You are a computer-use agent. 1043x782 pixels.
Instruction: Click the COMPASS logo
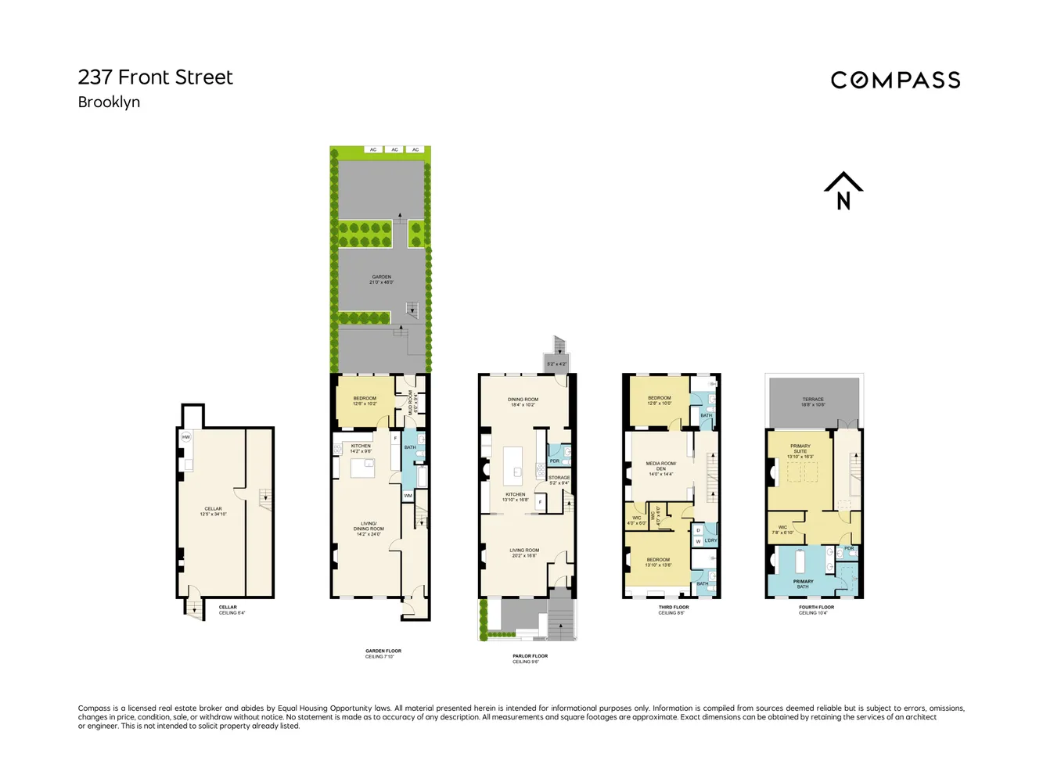tap(895, 80)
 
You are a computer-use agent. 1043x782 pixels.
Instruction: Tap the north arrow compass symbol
tap(843, 192)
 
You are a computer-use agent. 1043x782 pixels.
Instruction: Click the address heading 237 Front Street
tap(155, 77)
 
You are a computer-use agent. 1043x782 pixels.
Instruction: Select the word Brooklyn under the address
tap(109, 102)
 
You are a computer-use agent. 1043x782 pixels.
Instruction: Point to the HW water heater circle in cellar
tap(186, 437)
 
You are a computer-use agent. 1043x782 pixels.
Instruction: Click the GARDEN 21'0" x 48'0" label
tap(382, 279)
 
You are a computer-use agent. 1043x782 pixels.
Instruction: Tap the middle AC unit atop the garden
tap(395, 149)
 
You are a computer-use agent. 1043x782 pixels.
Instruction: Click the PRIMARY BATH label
tap(803, 584)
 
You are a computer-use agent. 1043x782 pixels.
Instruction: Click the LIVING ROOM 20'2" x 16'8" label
tap(524, 552)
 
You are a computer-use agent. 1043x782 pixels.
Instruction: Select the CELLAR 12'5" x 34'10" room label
tap(213, 511)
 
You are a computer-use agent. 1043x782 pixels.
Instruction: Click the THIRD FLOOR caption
tap(673, 608)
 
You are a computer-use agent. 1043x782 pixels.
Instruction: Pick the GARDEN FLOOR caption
tap(383, 651)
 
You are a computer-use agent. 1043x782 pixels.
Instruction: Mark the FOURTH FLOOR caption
tap(816, 608)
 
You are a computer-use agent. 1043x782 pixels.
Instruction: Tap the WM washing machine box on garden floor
tap(408, 496)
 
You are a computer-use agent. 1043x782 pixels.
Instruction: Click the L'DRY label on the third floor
tap(710, 540)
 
